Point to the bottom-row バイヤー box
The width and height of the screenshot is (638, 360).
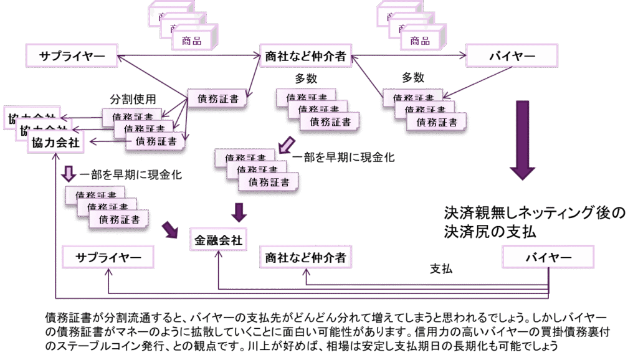tap(548, 257)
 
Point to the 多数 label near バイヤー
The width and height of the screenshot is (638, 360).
tap(413, 78)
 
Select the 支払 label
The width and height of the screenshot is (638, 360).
tap(441, 269)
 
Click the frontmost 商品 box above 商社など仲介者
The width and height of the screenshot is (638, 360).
tap(191, 40)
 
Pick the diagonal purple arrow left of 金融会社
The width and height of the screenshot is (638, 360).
tap(170, 229)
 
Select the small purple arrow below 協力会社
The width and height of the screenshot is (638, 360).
tap(69, 172)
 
